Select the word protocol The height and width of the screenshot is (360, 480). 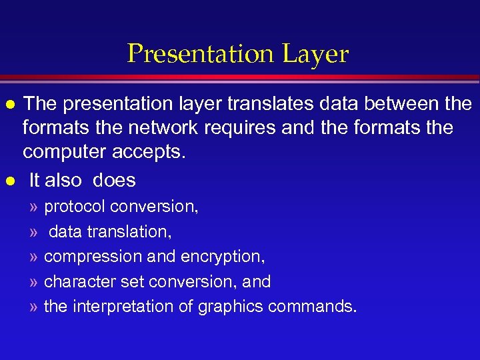pos(75,207)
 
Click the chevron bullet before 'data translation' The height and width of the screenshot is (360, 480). pos(33,232)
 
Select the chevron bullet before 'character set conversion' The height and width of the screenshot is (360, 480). pos(33,282)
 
